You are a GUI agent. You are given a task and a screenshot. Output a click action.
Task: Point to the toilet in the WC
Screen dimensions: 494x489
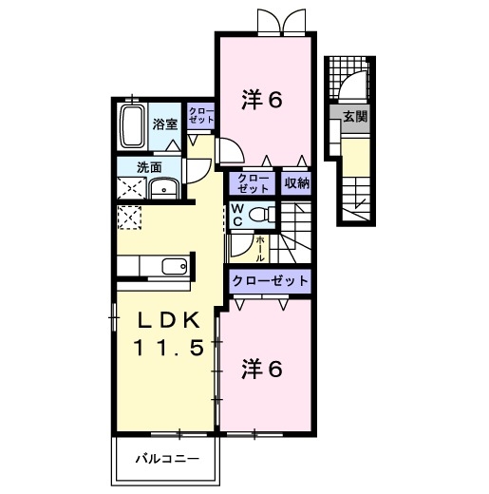pos(259,216)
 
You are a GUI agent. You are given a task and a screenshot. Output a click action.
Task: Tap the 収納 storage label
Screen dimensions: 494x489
pos(297,183)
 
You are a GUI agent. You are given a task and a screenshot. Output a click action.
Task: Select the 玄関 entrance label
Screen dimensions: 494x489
pos(355,118)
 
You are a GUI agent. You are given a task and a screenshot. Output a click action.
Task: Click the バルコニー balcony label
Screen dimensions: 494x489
pos(166,459)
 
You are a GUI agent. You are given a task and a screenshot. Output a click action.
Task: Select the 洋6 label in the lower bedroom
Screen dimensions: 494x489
pos(264,370)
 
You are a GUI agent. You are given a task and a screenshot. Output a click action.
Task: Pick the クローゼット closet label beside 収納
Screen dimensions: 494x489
pos(253,182)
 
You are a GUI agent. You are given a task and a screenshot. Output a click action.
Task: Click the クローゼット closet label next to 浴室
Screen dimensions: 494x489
pos(199,117)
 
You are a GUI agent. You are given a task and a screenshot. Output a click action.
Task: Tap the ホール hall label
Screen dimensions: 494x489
pos(261,249)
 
